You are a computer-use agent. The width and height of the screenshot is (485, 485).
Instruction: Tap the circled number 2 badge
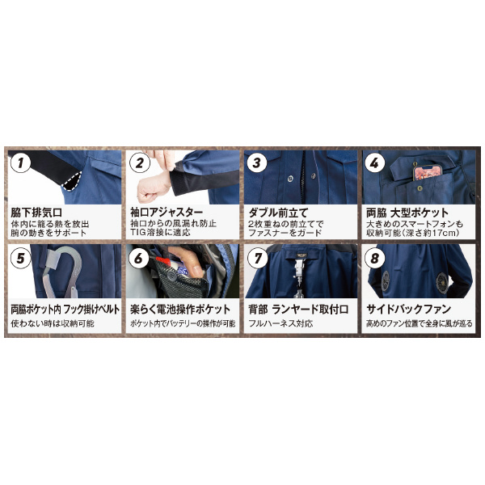[141, 163]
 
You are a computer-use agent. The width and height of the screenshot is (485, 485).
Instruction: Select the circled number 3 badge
[257, 163]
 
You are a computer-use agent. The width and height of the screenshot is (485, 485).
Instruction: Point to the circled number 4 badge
[375, 163]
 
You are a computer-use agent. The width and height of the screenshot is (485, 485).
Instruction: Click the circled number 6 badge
[141, 259]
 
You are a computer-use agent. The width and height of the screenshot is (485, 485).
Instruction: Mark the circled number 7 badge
[257, 259]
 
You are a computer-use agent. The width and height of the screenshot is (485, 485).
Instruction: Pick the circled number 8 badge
[375, 259]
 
